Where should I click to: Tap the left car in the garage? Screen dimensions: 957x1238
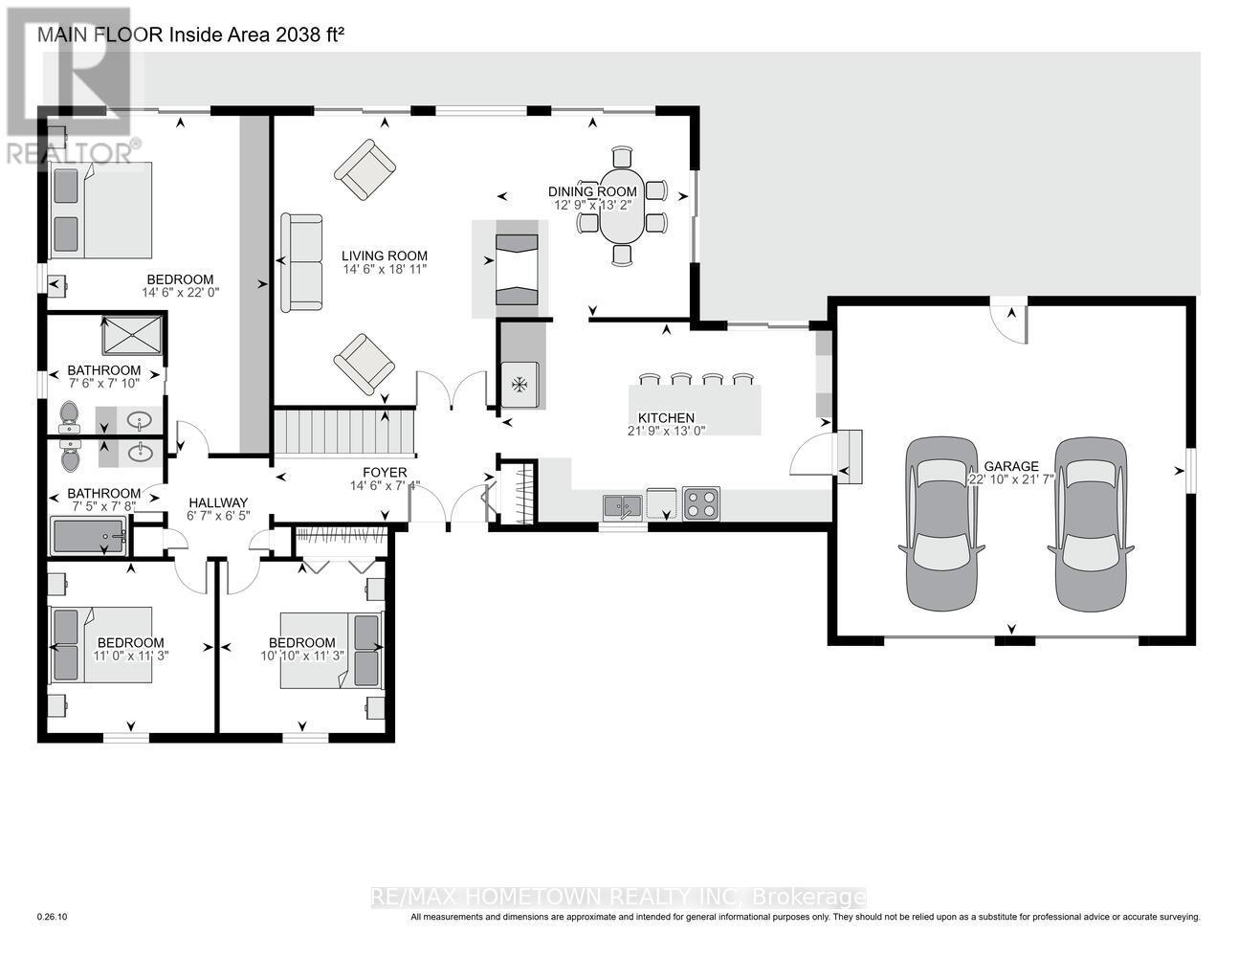pyautogui.click(x=942, y=523)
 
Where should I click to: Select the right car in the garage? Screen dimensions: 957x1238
pyautogui.click(x=1092, y=523)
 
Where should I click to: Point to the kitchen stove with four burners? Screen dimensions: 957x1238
pyautogui.click(x=701, y=503)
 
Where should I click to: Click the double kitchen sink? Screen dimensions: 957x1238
pyautogui.click(x=623, y=504)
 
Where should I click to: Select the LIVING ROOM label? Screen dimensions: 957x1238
pyautogui.click(x=385, y=256)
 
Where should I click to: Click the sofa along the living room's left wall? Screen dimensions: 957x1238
pyautogui.click(x=301, y=262)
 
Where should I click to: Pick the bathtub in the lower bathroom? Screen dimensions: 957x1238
pyautogui.click(x=89, y=536)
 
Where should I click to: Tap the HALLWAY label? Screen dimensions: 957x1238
pyautogui.click(x=218, y=502)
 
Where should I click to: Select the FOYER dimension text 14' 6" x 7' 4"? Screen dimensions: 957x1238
pyautogui.click(x=385, y=486)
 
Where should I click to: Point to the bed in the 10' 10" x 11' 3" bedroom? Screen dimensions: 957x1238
pyautogui.click(x=331, y=652)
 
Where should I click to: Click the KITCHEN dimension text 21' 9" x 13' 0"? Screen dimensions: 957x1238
pyautogui.click(x=667, y=432)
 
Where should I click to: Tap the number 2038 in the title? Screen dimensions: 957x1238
pyautogui.click(x=293, y=35)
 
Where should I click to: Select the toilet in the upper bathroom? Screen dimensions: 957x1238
pyautogui.click(x=69, y=413)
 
